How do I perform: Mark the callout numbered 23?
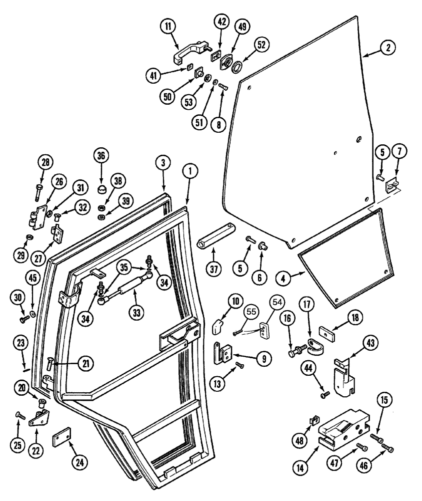pos(20,344)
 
